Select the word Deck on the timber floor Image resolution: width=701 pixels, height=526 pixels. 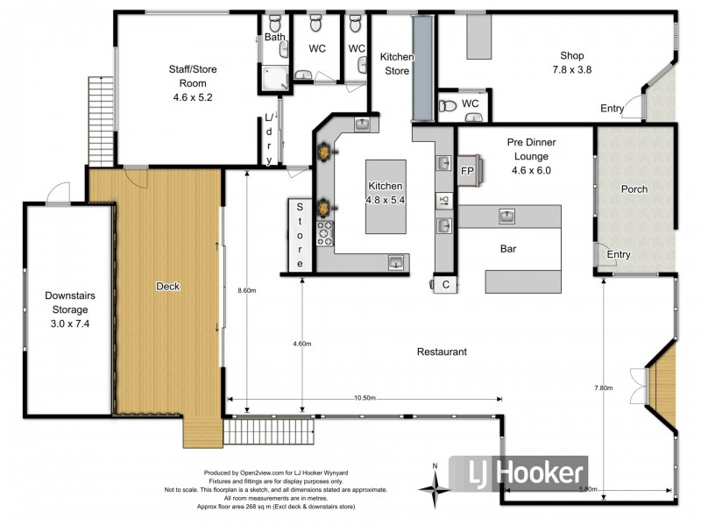pyautogui.click(x=167, y=286)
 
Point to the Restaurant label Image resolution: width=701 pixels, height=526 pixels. pyautogui.click(x=442, y=352)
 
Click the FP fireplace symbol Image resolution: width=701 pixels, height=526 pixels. pyautogui.click(x=469, y=171)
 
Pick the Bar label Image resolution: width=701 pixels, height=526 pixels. pyautogui.click(x=508, y=249)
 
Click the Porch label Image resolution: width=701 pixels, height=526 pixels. pyautogui.click(x=634, y=188)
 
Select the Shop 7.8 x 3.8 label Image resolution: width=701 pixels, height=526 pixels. pyautogui.click(x=567, y=62)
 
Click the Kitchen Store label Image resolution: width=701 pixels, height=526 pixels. pyautogui.click(x=396, y=64)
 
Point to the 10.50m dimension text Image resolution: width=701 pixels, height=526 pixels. pyautogui.click(x=364, y=398)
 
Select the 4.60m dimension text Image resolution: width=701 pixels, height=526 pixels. pyautogui.click(x=301, y=344)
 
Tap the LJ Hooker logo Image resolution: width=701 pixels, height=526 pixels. pyautogui.click(x=519, y=474)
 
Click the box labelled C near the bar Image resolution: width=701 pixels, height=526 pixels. pyautogui.click(x=445, y=284)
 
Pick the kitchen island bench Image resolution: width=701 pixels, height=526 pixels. pyautogui.click(x=386, y=196)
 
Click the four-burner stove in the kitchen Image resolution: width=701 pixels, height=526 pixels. pyautogui.click(x=325, y=231)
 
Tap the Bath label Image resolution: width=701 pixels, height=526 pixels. pyautogui.click(x=275, y=38)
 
